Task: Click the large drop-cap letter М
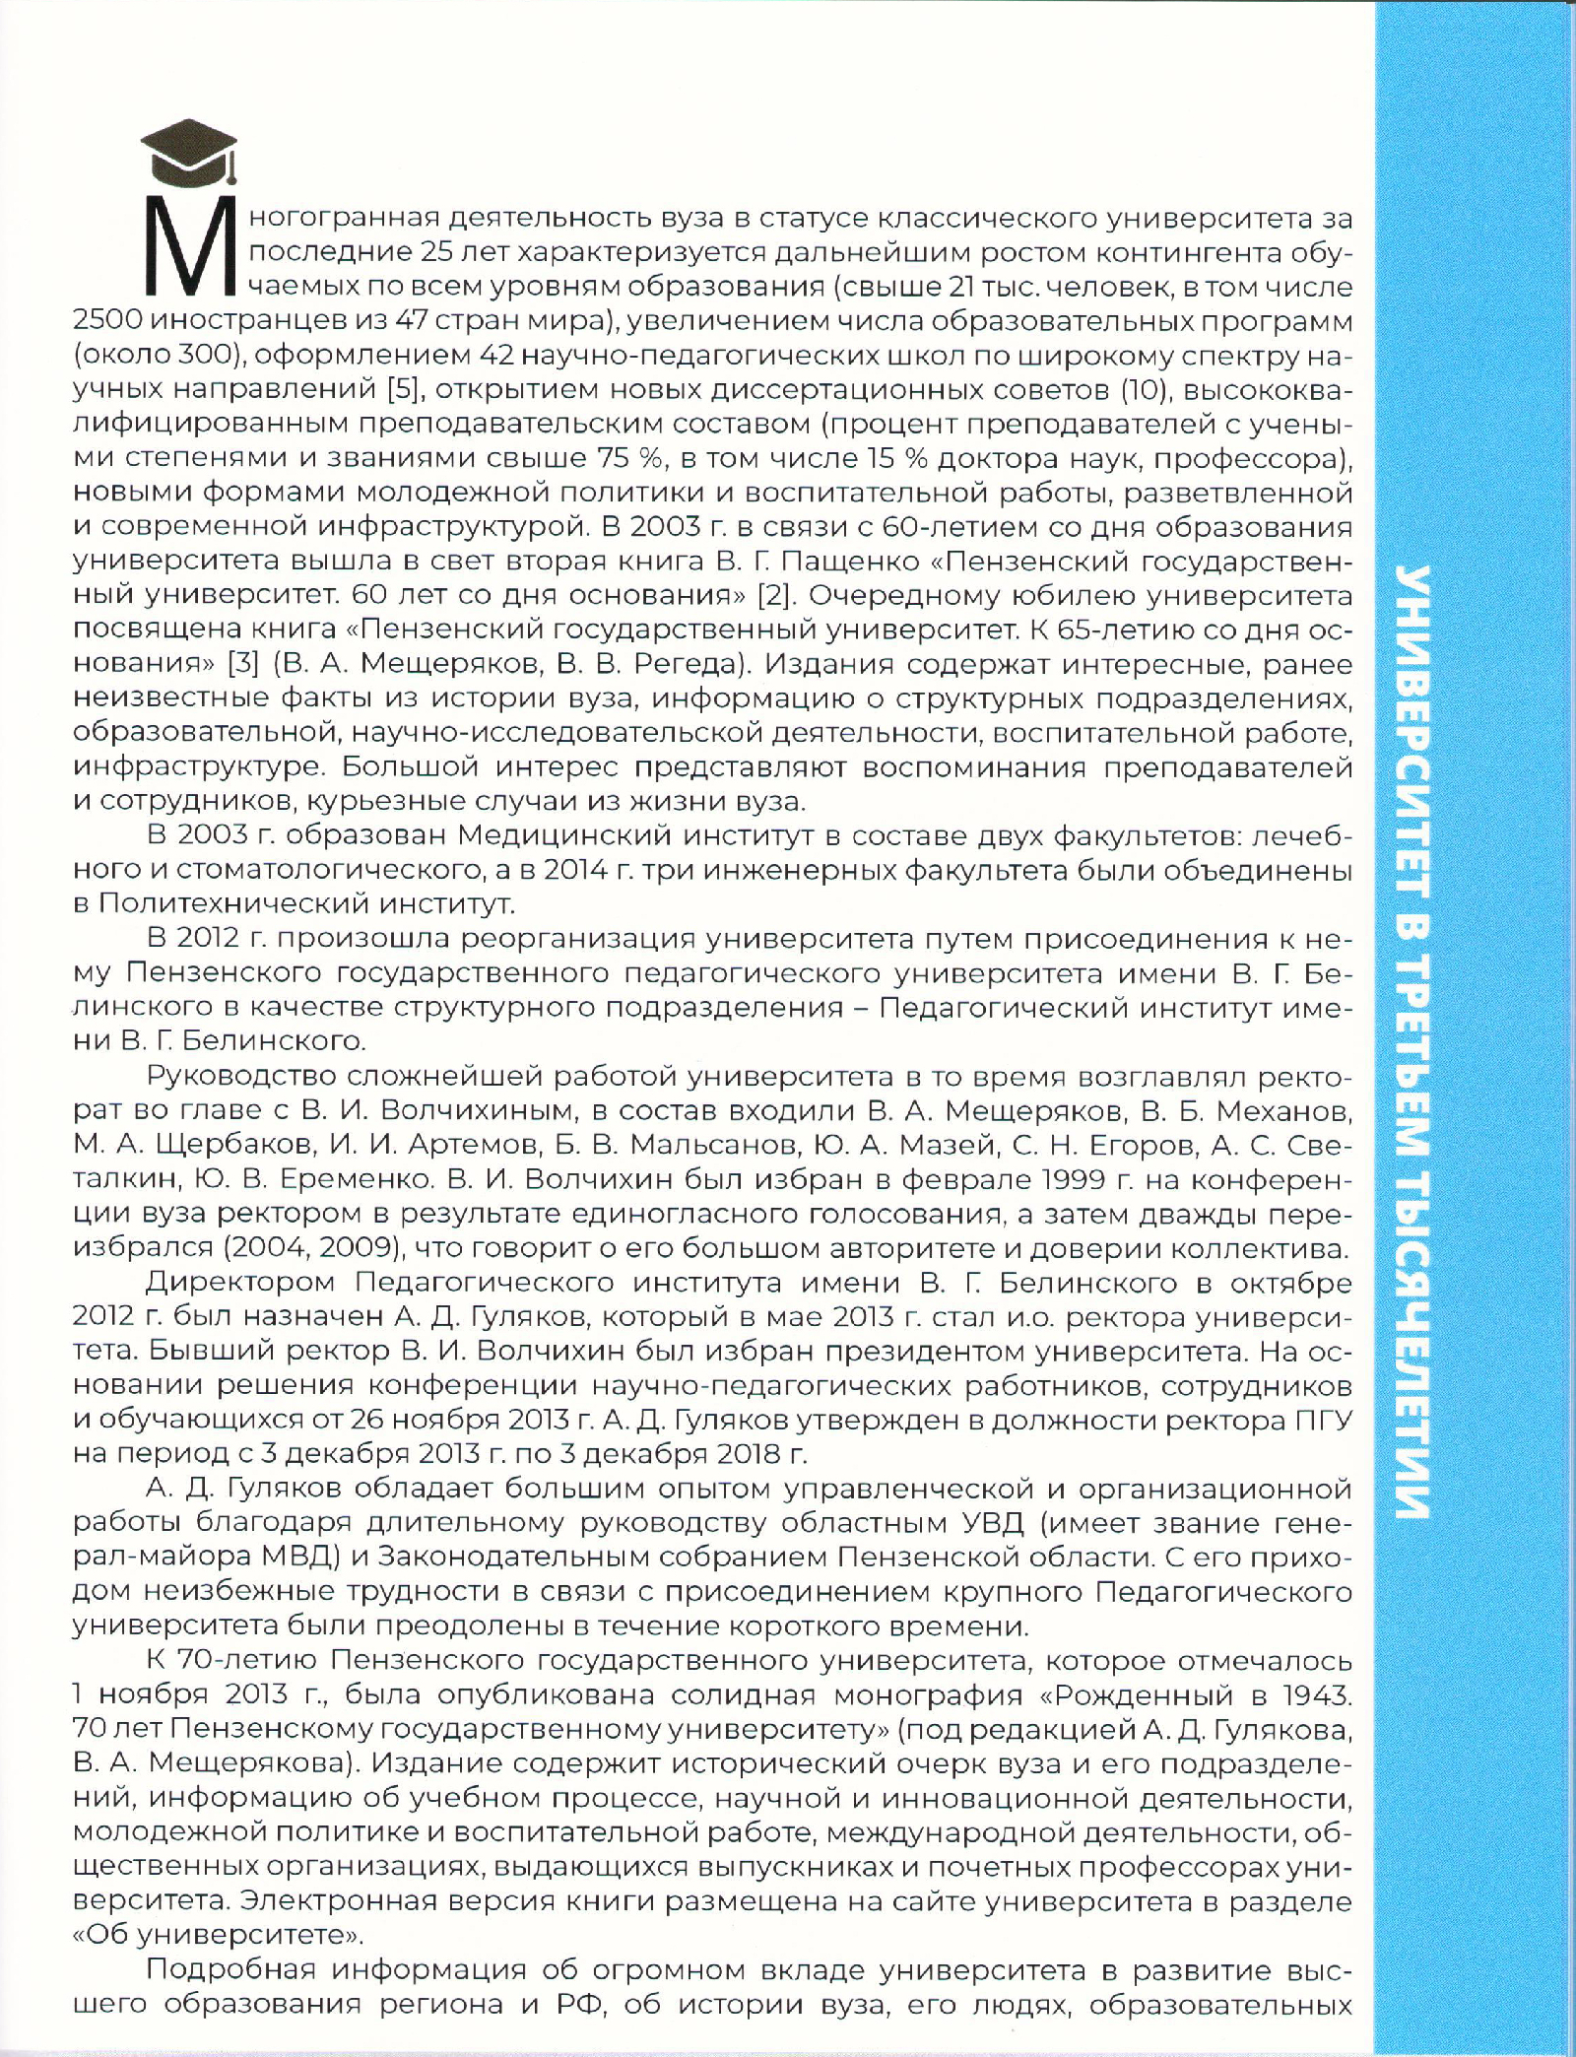(187, 246)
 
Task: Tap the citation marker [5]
(400, 389)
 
